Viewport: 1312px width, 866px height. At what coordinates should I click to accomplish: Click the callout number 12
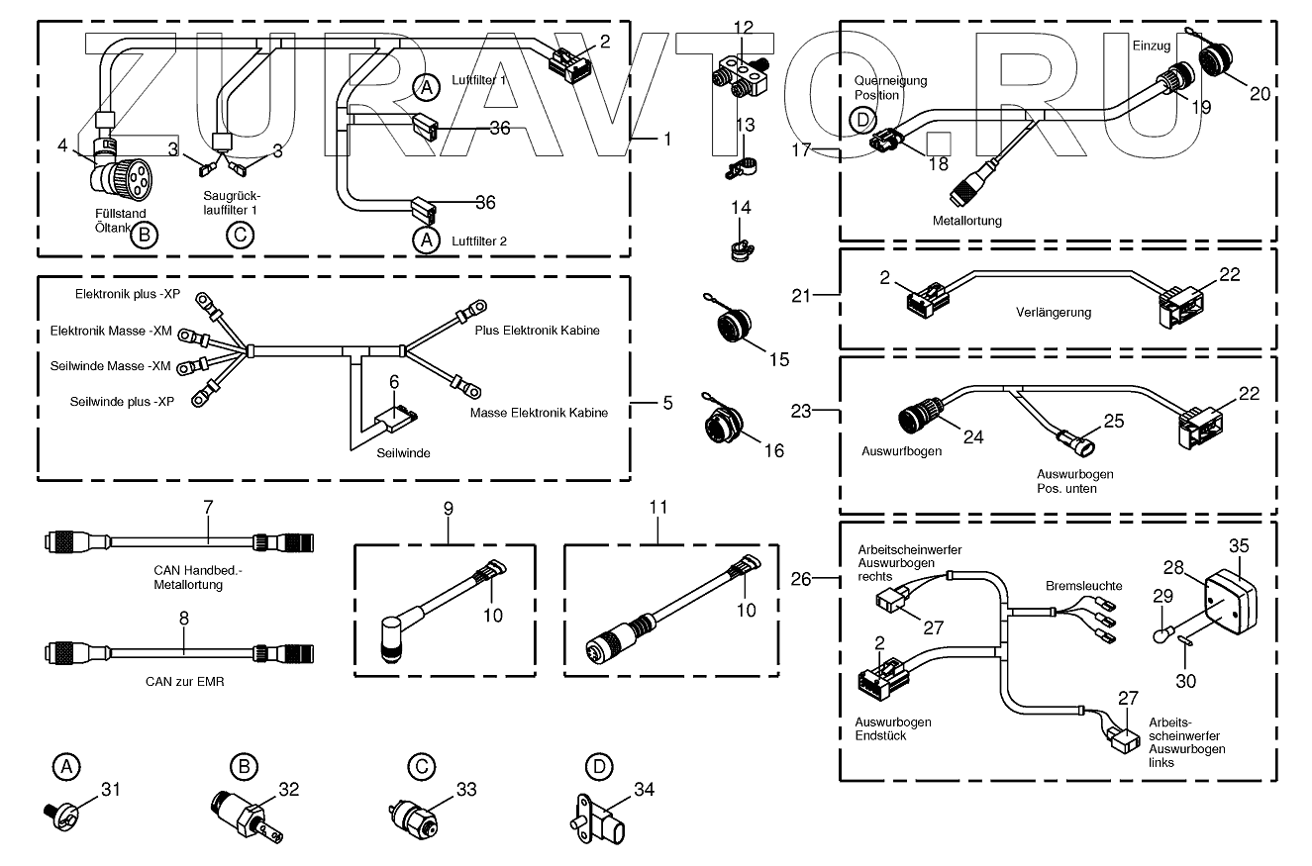[x=743, y=27]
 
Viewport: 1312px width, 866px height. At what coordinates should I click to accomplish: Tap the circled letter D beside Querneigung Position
[x=863, y=121]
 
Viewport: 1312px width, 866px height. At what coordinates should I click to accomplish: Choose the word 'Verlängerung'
[x=1054, y=312]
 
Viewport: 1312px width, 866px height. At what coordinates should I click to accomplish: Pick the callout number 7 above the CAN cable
[x=208, y=507]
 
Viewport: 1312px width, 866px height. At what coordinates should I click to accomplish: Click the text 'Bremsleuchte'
[x=1084, y=586]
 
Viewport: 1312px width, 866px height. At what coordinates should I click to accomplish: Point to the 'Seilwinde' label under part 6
[x=403, y=453]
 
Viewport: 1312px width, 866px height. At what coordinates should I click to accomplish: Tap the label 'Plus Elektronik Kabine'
[x=537, y=330]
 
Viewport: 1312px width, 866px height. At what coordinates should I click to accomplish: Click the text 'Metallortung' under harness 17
[x=966, y=221]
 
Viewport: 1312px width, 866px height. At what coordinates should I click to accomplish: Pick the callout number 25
[x=1114, y=421]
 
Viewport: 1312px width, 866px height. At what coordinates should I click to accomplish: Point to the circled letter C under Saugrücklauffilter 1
[x=239, y=235]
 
